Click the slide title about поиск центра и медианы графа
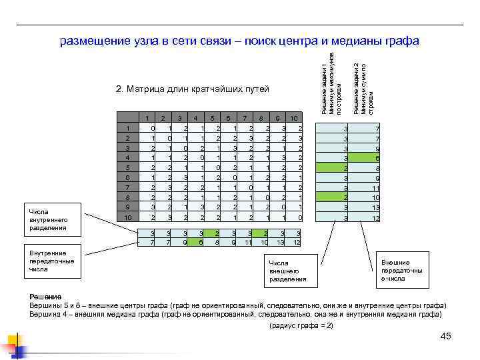click(x=239, y=41)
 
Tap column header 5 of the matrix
click(x=212, y=119)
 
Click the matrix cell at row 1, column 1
click(x=153, y=128)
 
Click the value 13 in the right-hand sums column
click(x=375, y=208)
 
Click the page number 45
click(x=446, y=335)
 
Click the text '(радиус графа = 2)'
click(x=300, y=325)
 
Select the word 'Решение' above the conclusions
click(x=45, y=295)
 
